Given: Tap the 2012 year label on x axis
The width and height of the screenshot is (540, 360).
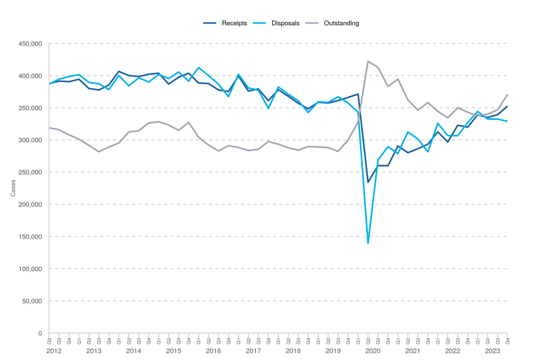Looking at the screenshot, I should pyautogui.click(x=54, y=351).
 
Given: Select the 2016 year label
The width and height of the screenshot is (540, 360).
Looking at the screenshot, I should pyautogui.click(x=213, y=351).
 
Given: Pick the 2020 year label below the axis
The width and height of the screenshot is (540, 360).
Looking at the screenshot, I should pyautogui.click(x=372, y=351).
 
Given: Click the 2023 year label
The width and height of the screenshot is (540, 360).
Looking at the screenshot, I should pyautogui.click(x=492, y=351).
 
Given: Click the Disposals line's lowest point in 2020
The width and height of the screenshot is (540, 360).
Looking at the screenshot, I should pyautogui.click(x=368, y=243).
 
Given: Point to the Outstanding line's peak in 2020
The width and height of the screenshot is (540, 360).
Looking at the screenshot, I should pyautogui.click(x=368, y=61).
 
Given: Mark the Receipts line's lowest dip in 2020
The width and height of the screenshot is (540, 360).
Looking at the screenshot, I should pyautogui.click(x=368, y=182).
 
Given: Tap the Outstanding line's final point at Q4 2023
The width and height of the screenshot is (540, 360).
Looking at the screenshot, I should pyautogui.click(x=507, y=94).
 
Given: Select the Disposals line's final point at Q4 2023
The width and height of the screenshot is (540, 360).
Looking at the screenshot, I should pyautogui.click(x=507, y=121).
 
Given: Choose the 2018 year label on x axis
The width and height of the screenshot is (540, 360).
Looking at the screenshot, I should pyautogui.click(x=293, y=351).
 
